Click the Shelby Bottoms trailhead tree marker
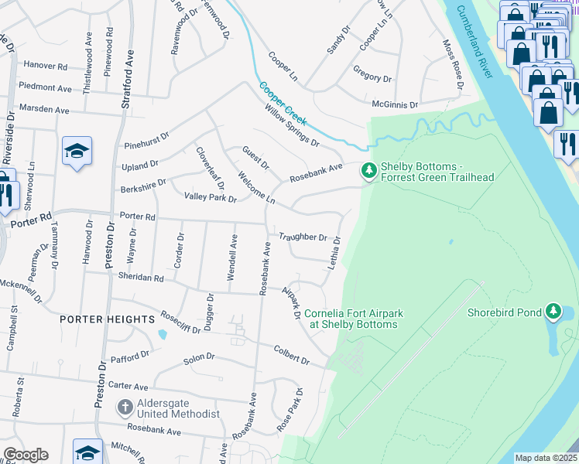[x=369, y=169]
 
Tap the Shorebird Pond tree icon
[x=553, y=312]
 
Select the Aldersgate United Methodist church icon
[x=125, y=407]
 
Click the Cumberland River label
[x=474, y=42]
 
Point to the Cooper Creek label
[x=283, y=104]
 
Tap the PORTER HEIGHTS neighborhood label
[x=108, y=319]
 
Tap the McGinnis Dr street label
[x=394, y=104]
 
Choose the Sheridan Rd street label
[x=141, y=277]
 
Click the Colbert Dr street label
[x=291, y=355]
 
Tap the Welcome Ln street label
[x=256, y=188]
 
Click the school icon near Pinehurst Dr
[x=77, y=151]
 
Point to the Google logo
[x=26, y=455]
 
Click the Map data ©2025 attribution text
[x=546, y=458]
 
